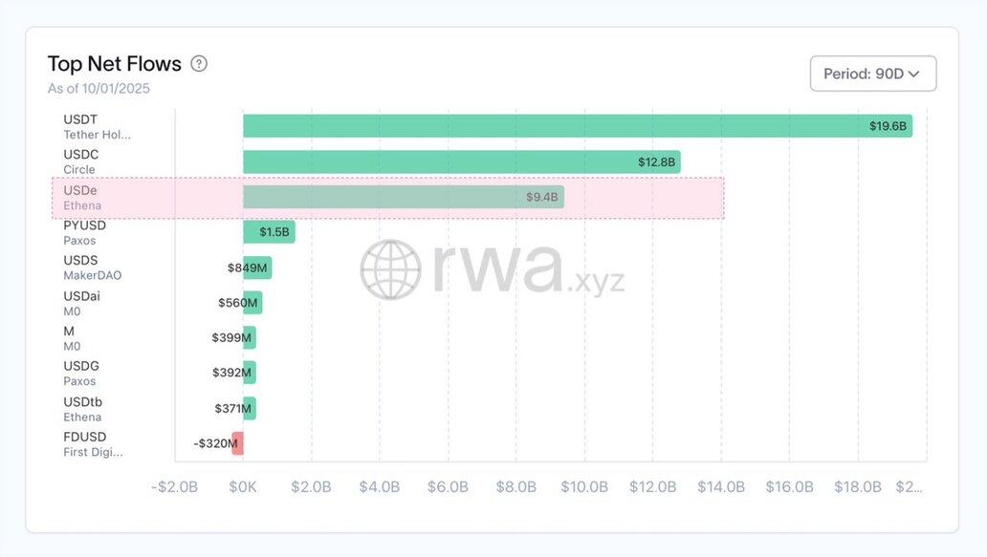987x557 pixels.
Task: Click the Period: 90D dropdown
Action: [872, 74]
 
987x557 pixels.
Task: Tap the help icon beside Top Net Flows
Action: [199, 64]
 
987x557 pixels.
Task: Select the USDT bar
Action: [577, 126]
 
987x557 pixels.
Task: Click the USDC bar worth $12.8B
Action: [461, 161]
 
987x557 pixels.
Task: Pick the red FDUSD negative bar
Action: [237, 443]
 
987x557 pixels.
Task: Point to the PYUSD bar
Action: [269, 232]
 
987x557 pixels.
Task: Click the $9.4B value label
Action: [541, 197]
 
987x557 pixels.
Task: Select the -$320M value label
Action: [214, 443]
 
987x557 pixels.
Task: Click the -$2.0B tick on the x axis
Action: [175, 487]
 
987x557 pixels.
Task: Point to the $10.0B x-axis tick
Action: [584, 487]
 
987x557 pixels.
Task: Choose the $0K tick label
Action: [243, 487]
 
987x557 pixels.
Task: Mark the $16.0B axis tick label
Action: [789, 487]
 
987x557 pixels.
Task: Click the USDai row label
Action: [81, 296]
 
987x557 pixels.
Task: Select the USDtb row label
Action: [81, 401]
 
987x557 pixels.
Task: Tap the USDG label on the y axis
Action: [81, 366]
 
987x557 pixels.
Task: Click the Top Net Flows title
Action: [115, 64]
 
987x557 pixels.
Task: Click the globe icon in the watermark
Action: [390, 269]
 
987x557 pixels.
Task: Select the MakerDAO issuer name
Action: [93, 275]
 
